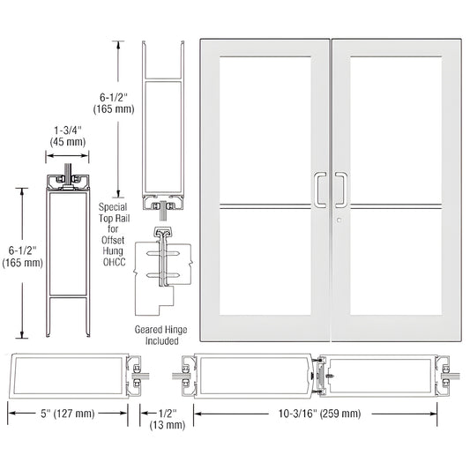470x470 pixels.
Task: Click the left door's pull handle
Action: pyautogui.click(x=317, y=188)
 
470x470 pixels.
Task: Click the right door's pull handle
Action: pyautogui.click(x=340, y=188)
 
